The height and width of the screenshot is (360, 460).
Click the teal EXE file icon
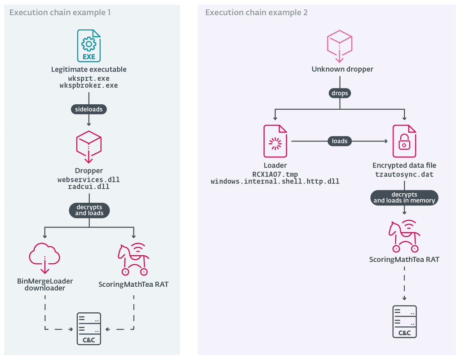(x=88, y=46)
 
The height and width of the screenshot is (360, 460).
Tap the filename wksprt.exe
(x=88, y=78)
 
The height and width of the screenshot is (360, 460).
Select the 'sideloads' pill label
(x=88, y=109)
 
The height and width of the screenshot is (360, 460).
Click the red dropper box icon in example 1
(x=88, y=147)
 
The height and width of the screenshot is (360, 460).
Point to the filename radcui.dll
(x=88, y=187)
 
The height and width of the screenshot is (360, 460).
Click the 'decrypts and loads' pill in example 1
(x=89, y=210)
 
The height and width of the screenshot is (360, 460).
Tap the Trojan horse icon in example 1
(x=133, y=259)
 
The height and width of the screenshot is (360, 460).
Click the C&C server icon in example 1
(x=89, y=329)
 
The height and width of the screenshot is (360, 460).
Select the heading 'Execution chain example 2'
(x=256, y=13)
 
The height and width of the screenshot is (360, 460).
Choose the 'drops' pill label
(x=340, y=93)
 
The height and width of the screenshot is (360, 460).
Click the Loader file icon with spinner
(x=275, y=141)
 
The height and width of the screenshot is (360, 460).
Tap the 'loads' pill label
(x=340, y=141)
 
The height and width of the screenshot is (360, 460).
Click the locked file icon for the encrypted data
(x=404, y=141)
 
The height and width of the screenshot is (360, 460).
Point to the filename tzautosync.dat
(x=404, y=174)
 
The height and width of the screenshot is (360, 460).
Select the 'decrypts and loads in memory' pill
(x=404, y=198)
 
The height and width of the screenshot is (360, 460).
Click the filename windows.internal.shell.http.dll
(x=275, y=182)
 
